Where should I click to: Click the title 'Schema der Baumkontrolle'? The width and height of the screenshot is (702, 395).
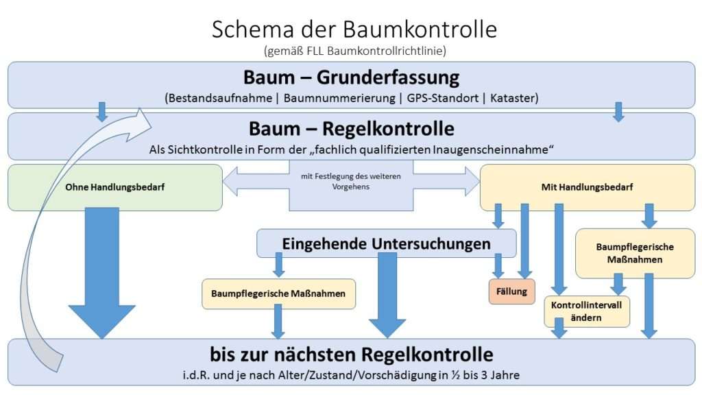pyautogui.click(x=354, y=29)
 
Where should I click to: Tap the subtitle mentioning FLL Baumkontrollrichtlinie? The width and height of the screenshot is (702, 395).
pyautogui.click(x=354, y=50)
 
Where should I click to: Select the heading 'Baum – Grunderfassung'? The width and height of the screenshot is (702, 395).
pyautogui.click(x=351, y=77)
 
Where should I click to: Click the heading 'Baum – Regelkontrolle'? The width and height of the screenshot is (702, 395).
pyautogui.click(x=351, y=128)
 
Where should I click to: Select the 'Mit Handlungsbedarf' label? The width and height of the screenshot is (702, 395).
pyautogui.click(x=587, y=186)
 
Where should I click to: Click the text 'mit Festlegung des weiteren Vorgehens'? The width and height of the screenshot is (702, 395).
pyautogui.click(x=350, y=181)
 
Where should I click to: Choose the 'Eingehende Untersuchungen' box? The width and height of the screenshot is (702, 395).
pyautogui.click(x=386, y=243)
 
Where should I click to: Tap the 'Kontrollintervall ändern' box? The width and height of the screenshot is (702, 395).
pyautogui.click(x=586, y=311)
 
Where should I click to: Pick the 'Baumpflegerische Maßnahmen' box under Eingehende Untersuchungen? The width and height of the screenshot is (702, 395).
pyautogui.click(x=278, y=294)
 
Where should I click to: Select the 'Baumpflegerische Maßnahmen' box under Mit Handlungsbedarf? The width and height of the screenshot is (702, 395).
pyautogui.click(x=635, y=253)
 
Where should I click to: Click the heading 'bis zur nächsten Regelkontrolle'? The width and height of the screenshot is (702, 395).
pyautogui.click(x=351, y=355)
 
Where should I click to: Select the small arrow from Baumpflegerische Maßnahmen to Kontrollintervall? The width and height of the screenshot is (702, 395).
pyautogui.click(x=618, y=284)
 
